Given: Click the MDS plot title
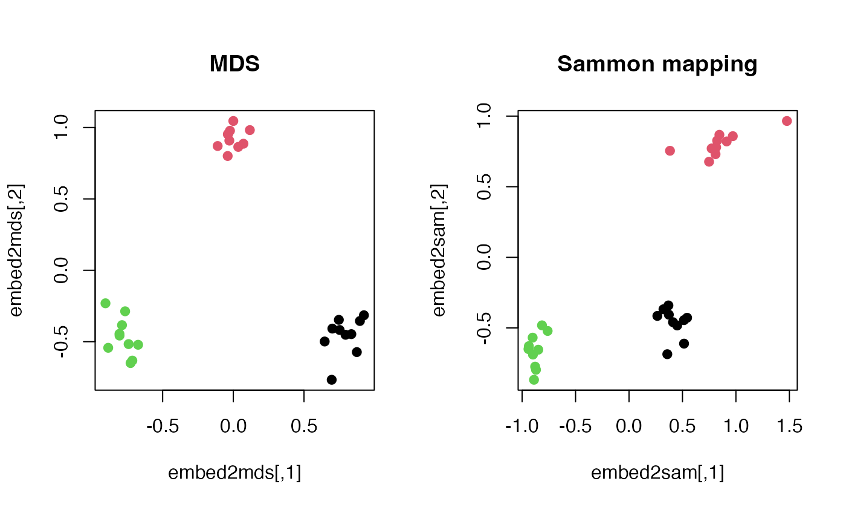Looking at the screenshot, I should coord(234,64).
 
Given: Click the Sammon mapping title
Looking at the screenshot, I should coord(657,64).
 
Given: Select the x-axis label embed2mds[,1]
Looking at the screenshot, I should coord(234,473).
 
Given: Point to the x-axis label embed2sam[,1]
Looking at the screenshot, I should coord(657,473).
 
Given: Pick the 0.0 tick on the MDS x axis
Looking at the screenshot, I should coord(233,427).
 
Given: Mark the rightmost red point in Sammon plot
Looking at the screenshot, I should coord(787,121).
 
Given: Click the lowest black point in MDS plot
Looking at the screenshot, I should coord(331,379).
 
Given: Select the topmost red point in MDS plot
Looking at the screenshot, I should coord(233,121).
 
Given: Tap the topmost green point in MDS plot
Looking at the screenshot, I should coord(105,303).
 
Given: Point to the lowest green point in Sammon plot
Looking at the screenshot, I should coord(534,379).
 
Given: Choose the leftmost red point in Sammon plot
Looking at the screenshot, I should coord(670,151).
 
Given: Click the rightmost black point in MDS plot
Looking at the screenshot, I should coord(364,315).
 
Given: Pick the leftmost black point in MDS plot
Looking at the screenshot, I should coord(325,341).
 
